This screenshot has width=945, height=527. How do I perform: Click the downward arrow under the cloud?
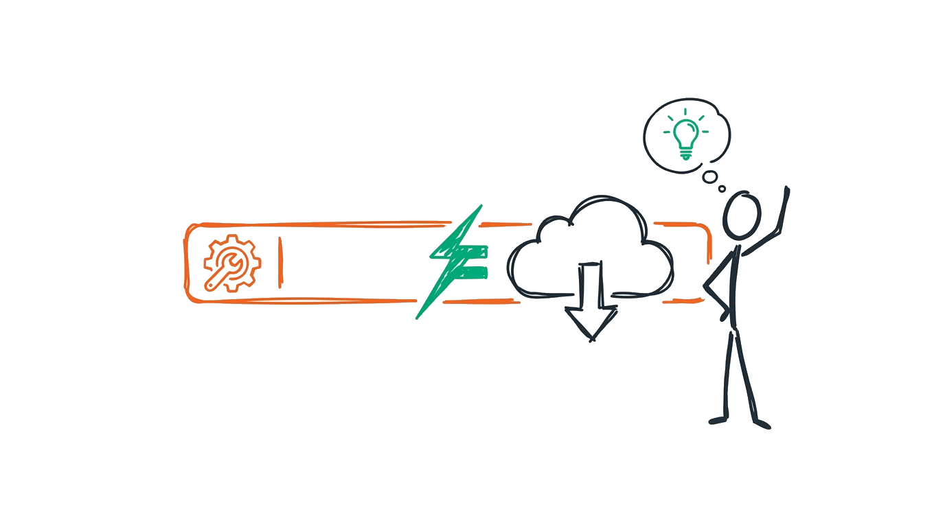click(x=591, y=302)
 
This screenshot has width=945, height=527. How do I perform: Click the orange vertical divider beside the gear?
click(x=280, y=262)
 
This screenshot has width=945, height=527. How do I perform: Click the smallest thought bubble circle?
click(x=722, y=189)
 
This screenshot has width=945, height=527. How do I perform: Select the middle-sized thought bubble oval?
click(x=709, y=177)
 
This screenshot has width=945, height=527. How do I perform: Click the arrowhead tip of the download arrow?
click(x=591, y=339)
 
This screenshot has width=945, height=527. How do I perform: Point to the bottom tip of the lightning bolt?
click(x=418, y=318)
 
